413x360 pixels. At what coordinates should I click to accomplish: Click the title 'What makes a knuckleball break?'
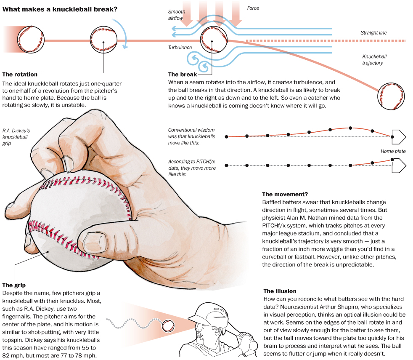(x=60, y=8)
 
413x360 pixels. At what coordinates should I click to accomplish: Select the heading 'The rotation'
(x=20, y=75)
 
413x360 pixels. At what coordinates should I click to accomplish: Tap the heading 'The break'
(x=183, y=75)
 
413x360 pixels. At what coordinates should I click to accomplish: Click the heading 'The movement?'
(x=285, y=194)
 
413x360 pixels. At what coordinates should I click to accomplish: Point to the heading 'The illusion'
(x=280, y=291)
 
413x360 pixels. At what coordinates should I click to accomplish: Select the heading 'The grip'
(x=14, y=285)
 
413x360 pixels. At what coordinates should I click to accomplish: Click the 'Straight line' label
(x=373, y=33)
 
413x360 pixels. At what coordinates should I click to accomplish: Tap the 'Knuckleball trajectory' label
(x=374, y=60)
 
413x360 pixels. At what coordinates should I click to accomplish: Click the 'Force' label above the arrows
(x=253, y=8)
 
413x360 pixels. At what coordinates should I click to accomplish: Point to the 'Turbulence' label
(x=180, y=48)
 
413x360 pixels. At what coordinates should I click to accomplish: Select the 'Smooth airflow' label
(x=177, y=15)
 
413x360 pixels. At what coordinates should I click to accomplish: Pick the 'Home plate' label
(x=393, y=151)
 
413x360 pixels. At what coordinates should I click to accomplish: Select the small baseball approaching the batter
(x=168, y=325)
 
